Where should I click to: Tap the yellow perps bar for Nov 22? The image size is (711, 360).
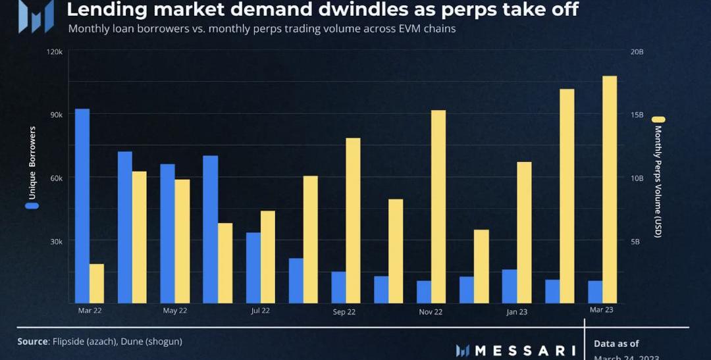[x=438, y=207]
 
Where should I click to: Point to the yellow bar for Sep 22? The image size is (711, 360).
[x=353, y=220]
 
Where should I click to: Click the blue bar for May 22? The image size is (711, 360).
[x=168, y=234]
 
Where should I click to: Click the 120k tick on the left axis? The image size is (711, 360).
[x=55, y=51]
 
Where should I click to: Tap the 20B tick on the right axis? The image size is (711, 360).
[x=637, y=51]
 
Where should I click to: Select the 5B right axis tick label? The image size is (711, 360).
[x=635, y=242]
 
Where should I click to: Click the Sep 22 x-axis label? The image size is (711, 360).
[x=344, y=312]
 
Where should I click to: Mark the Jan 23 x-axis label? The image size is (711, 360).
[x=516, y=312]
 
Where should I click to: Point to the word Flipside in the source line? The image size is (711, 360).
[x=69, y=342]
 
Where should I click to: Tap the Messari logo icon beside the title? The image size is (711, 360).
[x=36, y=16]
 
